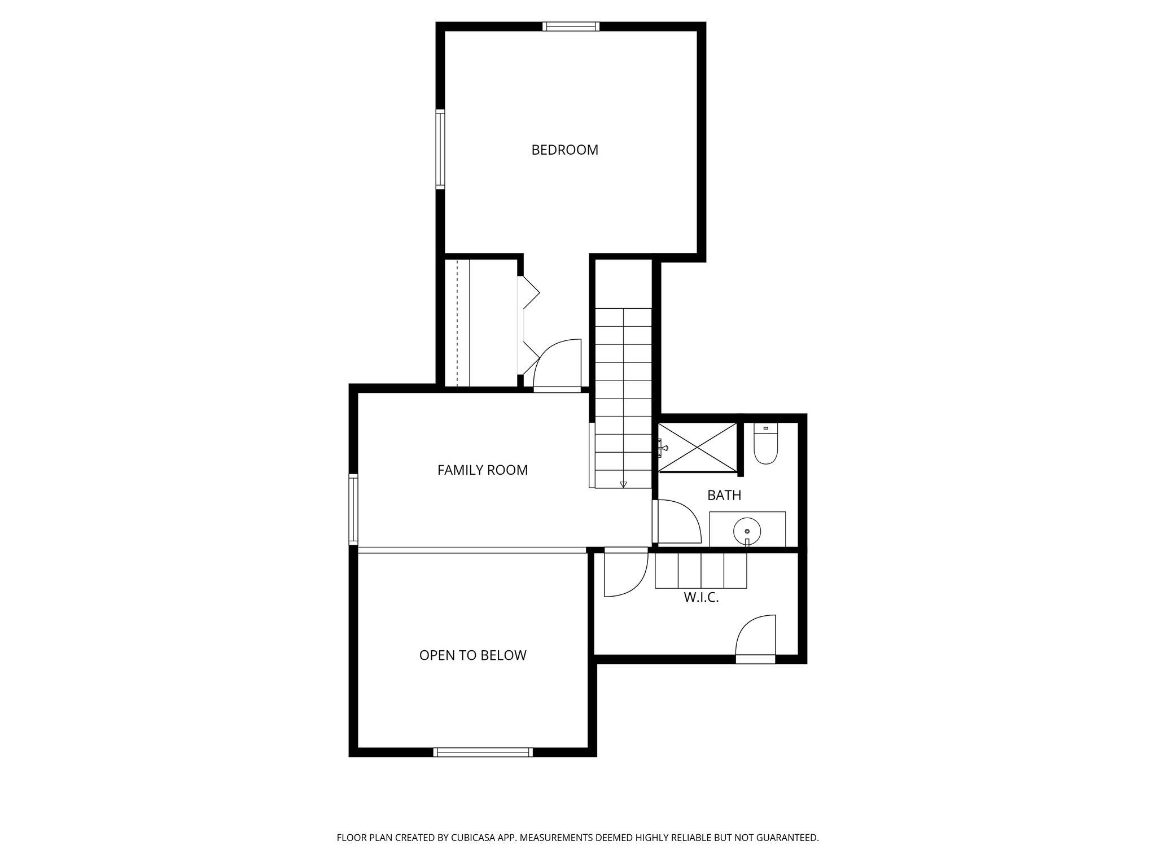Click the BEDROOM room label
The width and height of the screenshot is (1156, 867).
pyautogui.click(x=564, y=150)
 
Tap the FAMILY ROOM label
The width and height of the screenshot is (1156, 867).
pyautogui.click(x=483, y=470)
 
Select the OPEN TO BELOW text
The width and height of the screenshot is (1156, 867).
pyautogui.click(x=472, y=655)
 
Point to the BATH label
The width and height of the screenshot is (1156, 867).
pyautogui.click(x=724, y=496)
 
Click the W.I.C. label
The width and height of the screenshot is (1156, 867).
pyautogui.click(x=702, y=598)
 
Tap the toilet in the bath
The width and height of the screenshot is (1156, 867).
pyautogui.click(x=766, y=444)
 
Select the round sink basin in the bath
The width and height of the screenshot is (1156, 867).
pyautogui.click(x=747, y=531)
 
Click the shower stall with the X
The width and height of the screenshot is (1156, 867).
pyautogui.click(x=698, y=446)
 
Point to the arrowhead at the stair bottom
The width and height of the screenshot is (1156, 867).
pyautogui.click(x=623, y=484)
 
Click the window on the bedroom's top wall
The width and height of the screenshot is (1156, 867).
pyautogui.click(x=571, y=26)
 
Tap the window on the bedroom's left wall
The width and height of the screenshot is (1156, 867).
pyautogui.click(x=440, y=149)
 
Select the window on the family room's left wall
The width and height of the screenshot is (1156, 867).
pyautogui.click(x=353, y=509)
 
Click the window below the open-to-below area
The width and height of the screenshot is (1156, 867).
pyautogui.click(x=483, y=752)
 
